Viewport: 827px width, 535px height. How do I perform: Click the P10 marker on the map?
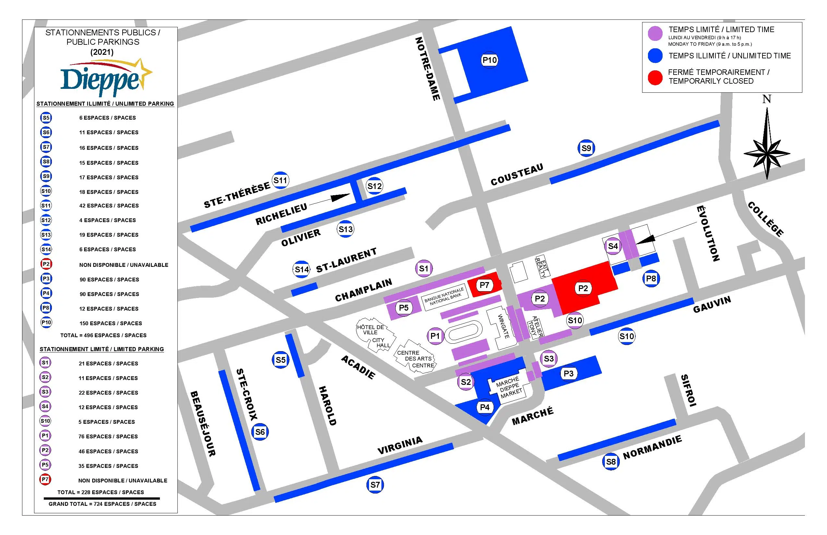pos(490,60)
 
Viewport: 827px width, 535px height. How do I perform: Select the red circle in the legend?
pos(655,77)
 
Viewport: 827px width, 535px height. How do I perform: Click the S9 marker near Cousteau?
pos(586,149)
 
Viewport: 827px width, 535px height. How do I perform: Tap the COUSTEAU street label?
pos(517,174)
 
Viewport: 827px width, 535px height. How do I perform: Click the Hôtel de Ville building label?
pos(370,330)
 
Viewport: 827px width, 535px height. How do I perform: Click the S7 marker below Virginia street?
pos(375,485)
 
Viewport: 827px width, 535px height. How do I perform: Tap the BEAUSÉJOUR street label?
pos(203,423)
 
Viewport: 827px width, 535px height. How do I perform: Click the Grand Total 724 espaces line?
pos(102,504)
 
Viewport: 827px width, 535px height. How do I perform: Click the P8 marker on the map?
pos(651,279)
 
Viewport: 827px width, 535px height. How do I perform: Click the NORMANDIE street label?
pos(652,448)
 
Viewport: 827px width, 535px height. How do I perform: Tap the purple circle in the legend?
pos(655,34)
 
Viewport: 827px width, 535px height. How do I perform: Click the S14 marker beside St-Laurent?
pos(302,269)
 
